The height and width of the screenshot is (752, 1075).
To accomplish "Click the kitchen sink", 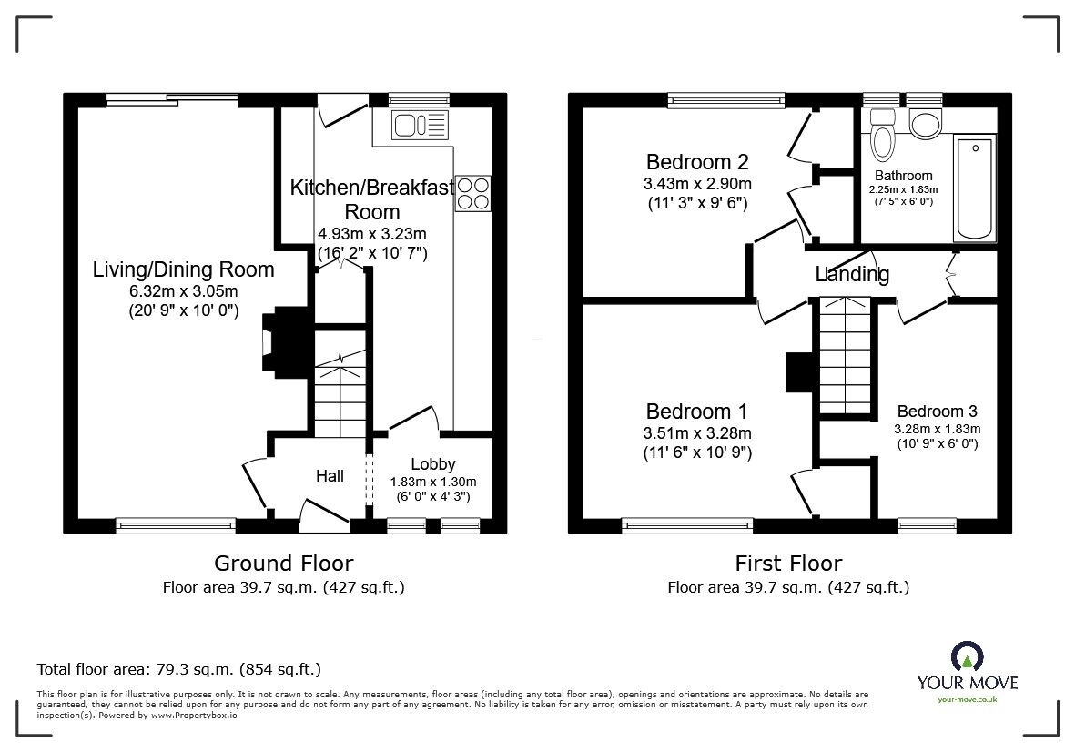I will coord(419,125).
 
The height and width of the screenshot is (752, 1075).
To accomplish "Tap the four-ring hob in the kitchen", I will coord(472,193).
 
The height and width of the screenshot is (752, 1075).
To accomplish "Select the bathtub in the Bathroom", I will coord(974,188).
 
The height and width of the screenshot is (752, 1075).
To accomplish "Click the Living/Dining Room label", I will coord(183,269).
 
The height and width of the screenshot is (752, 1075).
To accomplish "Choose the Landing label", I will coord(852,274).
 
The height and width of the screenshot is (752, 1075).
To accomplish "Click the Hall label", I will coord(330,475).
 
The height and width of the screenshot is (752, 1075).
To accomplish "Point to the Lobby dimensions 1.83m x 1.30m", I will coord(433,483).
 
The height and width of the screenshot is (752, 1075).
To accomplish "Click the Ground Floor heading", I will coord(283,564).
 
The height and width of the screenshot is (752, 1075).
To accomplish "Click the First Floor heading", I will coord(788,564).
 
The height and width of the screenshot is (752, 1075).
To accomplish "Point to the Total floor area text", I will coord(178,669).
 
